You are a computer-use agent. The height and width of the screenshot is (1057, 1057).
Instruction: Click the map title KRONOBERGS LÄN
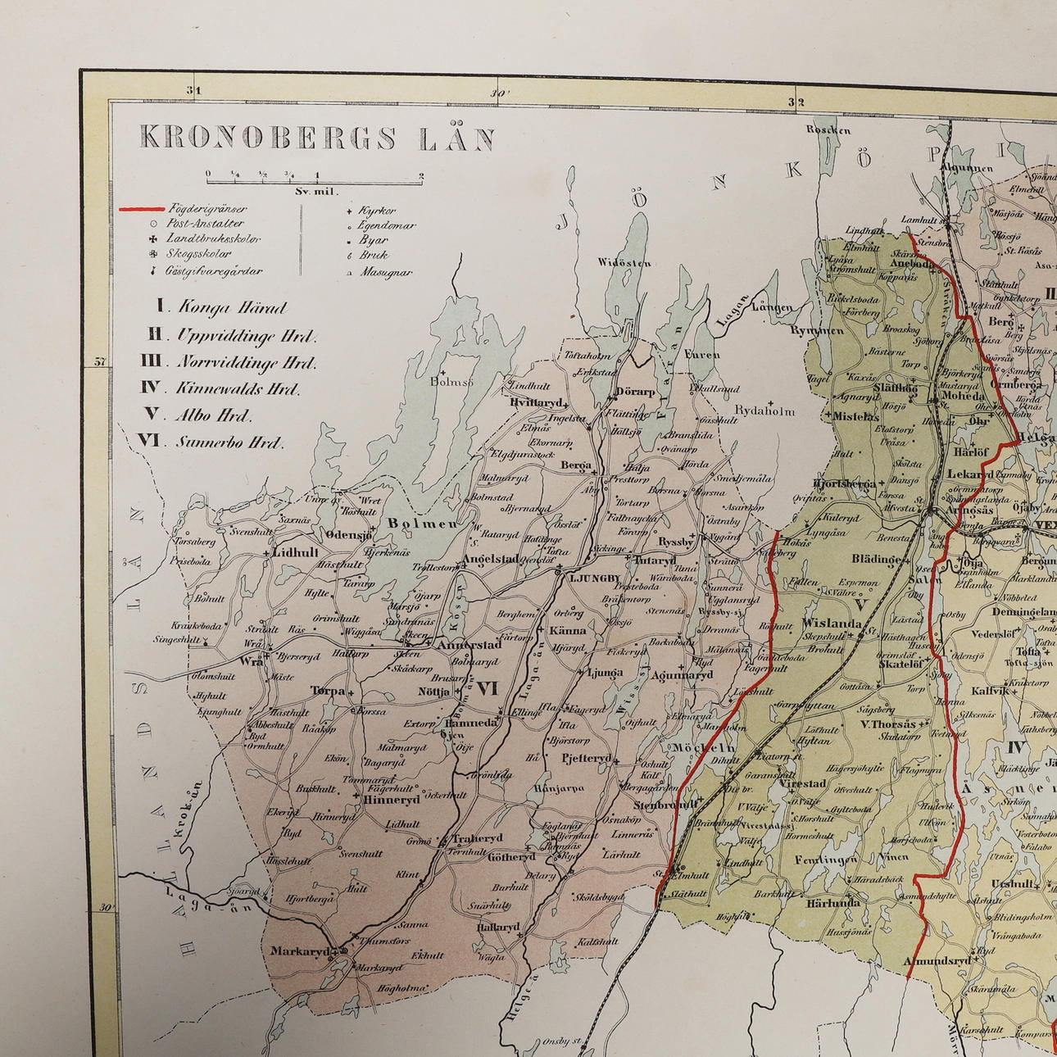(x=317, y=138)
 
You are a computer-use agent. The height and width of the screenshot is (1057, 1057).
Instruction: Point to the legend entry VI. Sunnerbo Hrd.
(x=211, y=441)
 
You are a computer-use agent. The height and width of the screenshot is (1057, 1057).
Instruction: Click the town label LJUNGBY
(x=594, y=578)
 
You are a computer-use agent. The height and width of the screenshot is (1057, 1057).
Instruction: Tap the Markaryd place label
(x=299, y=951)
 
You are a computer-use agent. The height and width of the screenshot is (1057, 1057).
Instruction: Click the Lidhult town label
(x=296, y=553)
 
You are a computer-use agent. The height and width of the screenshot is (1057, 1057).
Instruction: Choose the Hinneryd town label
(x=392, y=799)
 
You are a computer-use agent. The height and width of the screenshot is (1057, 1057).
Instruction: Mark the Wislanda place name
(x=832, y=623)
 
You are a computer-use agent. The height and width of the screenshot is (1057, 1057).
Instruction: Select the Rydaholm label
(x=764, y=411)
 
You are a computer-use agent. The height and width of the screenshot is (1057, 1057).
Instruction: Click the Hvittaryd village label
(x=536, y=402)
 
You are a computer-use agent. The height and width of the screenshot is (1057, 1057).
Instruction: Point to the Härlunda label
(x=833, y=902)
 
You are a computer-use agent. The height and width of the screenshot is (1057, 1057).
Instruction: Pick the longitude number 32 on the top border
(x=796, y=102)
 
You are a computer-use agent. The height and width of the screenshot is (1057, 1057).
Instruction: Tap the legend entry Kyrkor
(x=377, y=211)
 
